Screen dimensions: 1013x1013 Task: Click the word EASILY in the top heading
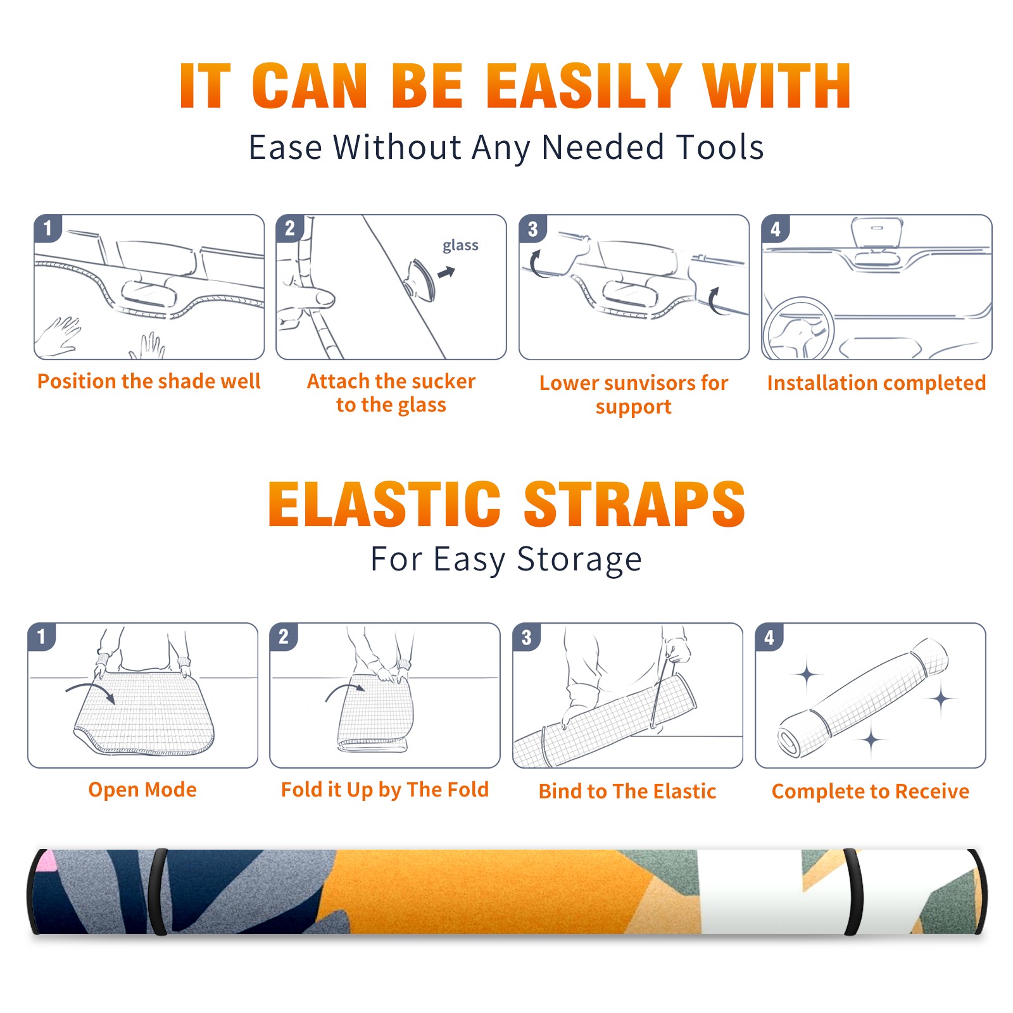584,85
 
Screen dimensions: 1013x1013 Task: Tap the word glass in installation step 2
460,246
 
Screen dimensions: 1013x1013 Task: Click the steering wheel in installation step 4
798,329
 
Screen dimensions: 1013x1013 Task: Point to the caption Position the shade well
149,381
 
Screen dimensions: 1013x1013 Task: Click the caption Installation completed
876,382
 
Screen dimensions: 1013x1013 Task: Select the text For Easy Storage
507,559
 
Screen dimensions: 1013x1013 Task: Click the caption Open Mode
142,790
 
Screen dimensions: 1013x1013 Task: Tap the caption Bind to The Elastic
627,791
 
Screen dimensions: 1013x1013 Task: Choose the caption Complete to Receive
871,791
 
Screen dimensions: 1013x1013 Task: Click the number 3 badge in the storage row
527,637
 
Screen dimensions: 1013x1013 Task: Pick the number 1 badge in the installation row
48,228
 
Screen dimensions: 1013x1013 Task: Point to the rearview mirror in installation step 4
876,233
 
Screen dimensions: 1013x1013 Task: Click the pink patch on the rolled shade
46,860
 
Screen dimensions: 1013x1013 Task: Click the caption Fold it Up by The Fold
385,790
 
